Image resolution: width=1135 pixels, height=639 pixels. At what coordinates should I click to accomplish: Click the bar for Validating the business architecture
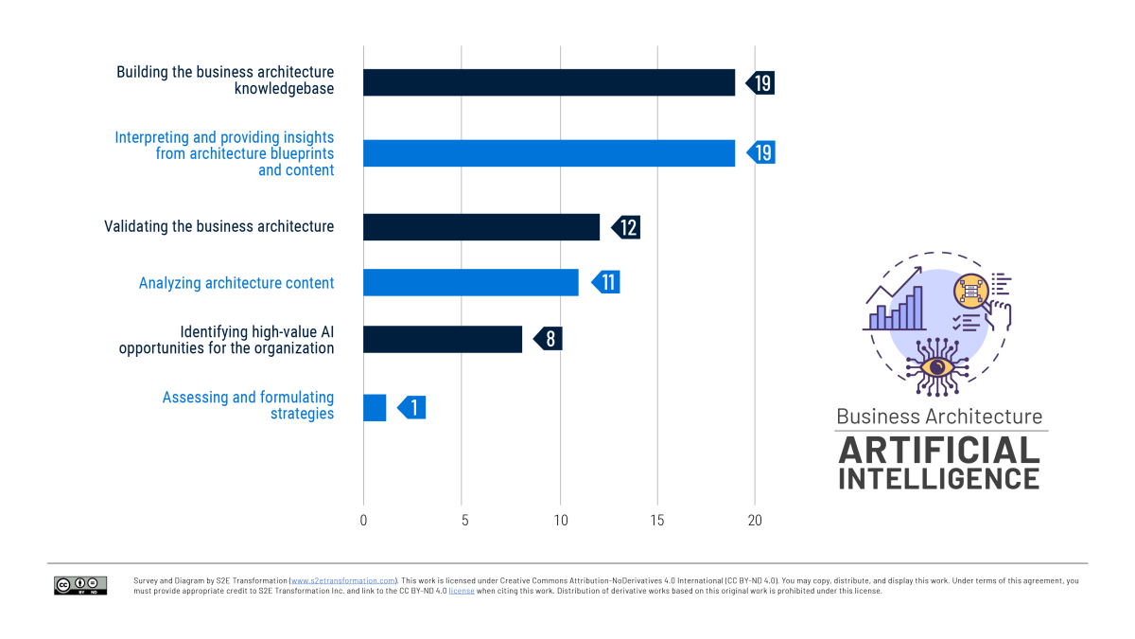point(481,227)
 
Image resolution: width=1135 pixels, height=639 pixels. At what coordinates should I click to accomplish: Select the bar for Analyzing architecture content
point(470,282)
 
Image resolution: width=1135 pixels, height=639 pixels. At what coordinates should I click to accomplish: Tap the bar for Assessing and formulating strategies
point(375,408)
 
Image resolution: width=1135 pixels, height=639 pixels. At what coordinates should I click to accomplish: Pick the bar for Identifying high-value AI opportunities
point(443,339)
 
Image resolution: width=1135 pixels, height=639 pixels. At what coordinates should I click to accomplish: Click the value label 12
point(627,227)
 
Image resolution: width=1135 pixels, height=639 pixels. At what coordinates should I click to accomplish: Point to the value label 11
point(607,282)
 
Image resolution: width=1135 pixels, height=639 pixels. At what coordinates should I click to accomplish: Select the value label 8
point(550,339)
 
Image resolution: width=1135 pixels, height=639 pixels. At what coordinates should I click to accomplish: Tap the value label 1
point(412,408)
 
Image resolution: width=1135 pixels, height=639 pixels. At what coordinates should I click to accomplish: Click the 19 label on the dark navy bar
point(761,82)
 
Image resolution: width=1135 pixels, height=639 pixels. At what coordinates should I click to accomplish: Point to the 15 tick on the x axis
point(657,520)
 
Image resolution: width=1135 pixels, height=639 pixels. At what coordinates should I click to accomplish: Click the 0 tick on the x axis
point(363,520)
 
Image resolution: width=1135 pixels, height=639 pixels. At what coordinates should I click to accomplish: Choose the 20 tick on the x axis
point(755,520)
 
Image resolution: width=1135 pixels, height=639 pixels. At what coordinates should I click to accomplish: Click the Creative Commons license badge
point(80,585)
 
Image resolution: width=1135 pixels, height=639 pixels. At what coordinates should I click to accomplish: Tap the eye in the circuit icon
point(936,366)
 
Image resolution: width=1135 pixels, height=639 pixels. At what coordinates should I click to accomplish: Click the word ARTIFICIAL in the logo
point(939,450)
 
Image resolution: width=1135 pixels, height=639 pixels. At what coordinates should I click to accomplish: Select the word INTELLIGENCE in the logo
point(939,477)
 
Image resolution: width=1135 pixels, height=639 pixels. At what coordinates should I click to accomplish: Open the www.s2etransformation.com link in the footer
point(343,580)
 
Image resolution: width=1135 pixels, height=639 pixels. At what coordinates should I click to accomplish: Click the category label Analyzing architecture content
point(236,283)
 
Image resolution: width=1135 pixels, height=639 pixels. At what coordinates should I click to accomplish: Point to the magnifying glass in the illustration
point(973,288)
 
